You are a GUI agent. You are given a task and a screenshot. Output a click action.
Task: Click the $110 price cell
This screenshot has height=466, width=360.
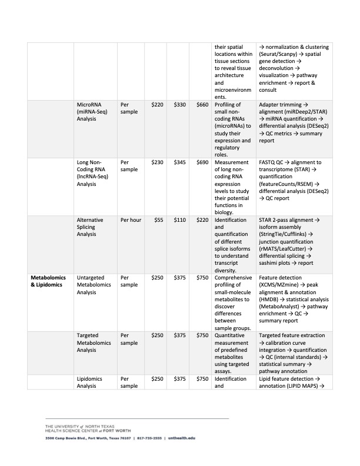180,219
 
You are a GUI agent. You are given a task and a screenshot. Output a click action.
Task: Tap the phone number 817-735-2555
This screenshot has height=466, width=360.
150,438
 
